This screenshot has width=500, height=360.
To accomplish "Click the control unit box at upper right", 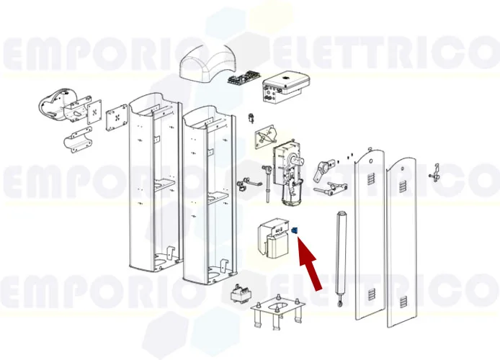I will [x=285, y=86].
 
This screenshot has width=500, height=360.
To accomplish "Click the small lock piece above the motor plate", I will [x=249, y=117].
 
